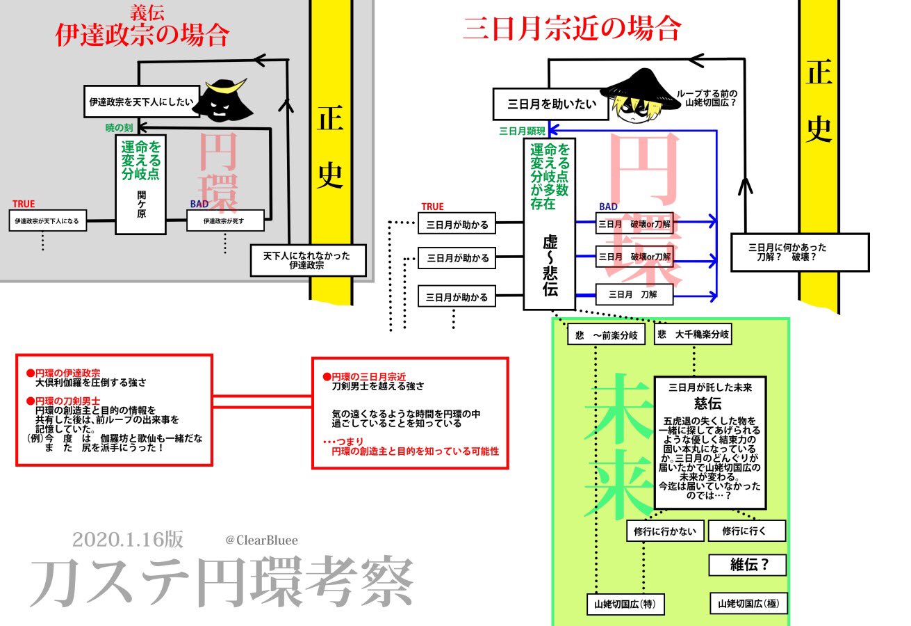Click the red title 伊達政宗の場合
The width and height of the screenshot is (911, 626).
click(x=142, y=35)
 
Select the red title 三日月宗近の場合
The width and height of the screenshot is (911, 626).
click(x=572, y=29)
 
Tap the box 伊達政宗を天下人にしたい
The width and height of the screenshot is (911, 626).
click(x=142, y=102)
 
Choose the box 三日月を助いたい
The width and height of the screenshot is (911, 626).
click(x=546, y=106)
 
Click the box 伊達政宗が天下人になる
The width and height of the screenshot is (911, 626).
click(x=47, y=222)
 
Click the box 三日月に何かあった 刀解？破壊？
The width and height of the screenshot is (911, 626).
click(x=799, y=252)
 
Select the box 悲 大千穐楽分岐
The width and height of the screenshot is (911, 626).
click(x=693, y=334)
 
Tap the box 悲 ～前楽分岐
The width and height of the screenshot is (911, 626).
click(x=606, y=335)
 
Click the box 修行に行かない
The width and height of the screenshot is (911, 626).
click(x=665, y=531)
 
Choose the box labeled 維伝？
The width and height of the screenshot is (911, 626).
click(x=747, y=565)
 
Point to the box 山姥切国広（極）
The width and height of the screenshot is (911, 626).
click(x=748, y=603)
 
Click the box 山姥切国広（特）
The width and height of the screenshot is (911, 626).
click(x=625, y=604)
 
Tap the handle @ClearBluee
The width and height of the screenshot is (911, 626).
click(x=261, y=540)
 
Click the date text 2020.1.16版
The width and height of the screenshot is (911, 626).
click(x=127, y=540)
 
